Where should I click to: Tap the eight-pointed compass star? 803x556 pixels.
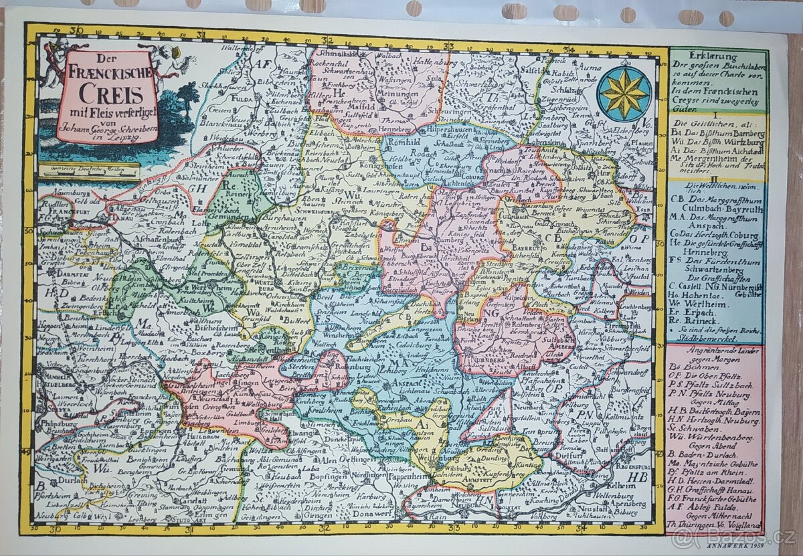[624, 94]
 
